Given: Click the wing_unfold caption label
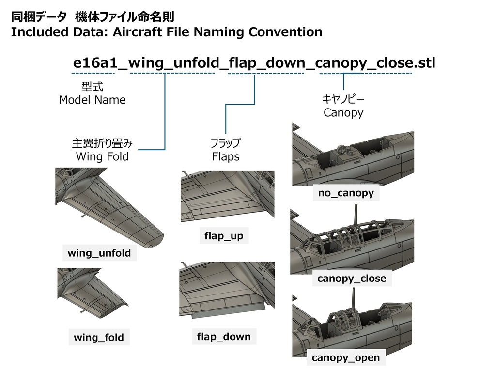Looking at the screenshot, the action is click(99, 253).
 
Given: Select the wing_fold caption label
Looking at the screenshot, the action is click(99, 337).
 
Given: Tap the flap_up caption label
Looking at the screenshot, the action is click(224, 236).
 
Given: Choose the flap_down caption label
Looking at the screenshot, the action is click(224, 337).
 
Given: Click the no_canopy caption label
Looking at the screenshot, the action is click(346, 193).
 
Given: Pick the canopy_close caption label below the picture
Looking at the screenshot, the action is click(352, 279).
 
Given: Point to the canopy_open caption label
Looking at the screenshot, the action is click(346, 357).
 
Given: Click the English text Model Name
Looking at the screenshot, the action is click(93, 100).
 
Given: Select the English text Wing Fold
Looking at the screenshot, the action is click(102, 156).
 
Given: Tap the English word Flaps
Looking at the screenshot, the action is click(226, 156).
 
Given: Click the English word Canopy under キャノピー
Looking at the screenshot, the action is click(343, 112).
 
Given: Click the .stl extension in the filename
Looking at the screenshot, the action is click(424, 62).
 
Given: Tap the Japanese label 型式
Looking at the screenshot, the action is click(93, 86).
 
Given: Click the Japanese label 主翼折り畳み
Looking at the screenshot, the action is click(102, 143).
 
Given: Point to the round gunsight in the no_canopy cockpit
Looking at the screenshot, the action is click(341, 149).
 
